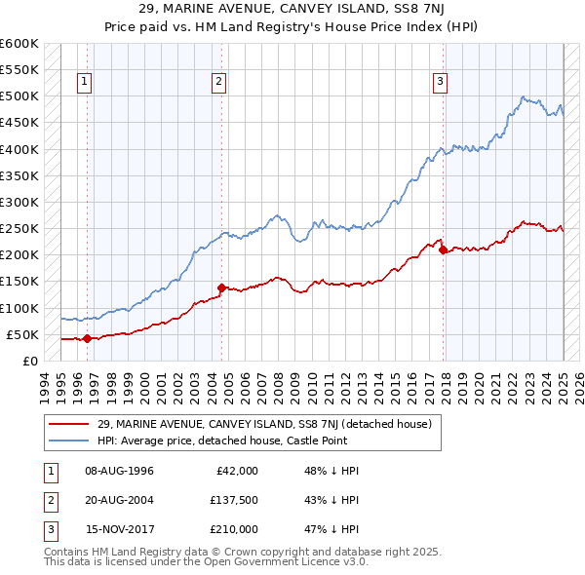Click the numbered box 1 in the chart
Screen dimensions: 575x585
coord(86,82)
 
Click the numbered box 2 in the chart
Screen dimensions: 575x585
coord(219,82)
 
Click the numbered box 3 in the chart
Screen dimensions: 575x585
coord(441,82)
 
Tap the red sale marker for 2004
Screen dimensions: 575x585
coord(222,287)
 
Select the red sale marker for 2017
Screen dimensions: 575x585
coord(444,249)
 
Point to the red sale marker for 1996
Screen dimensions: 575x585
coord(87,338)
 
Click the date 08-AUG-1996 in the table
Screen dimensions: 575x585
coord(120,471)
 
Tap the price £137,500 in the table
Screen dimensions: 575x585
coord(233,500)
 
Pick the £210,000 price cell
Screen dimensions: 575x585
coord(233,529)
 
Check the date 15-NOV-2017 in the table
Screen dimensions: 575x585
coord(120,529)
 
